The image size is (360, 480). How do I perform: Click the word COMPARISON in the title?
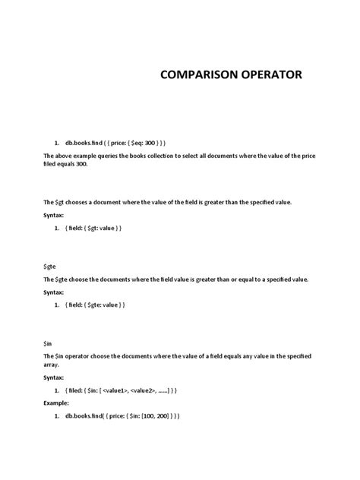(195, 75)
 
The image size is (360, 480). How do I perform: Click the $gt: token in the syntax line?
(101, 228)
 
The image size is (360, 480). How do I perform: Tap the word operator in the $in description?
(91, 355)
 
